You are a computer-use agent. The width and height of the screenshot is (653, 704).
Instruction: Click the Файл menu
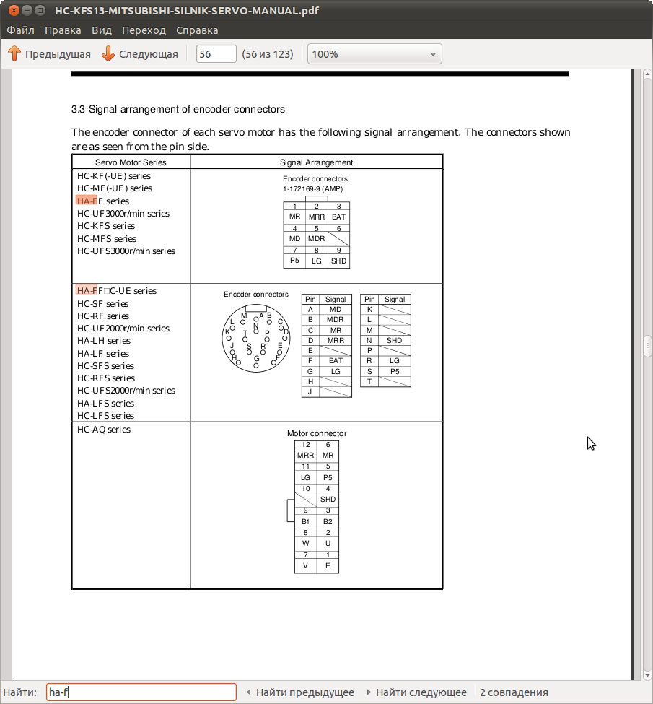(x=21, y=30)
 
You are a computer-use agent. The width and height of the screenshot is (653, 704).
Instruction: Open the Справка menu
(x=197, y=30)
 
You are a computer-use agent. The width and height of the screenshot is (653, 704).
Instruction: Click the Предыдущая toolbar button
(x=49, y=54)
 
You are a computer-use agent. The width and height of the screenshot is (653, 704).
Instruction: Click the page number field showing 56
(x=216, y=54)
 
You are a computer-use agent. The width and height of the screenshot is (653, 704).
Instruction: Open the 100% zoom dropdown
(x=374, y=54)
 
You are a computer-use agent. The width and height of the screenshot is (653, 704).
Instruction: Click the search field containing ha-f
(x=141, y=692)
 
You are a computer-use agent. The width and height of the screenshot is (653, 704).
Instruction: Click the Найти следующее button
(x=421, y=692)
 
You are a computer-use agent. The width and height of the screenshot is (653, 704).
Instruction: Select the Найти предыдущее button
(x=304, y=692)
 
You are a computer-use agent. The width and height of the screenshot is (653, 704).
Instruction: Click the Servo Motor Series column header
(x=131, y=162)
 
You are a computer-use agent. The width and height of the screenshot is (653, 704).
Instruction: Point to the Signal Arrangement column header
(x=316, y=162)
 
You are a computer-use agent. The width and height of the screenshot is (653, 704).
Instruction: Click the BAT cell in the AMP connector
(x=338, y=217)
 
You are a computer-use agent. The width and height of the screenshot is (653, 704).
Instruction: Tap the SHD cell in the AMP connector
(x=338, y=261)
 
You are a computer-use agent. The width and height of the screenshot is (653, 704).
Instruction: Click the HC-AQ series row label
(x=104, y=430)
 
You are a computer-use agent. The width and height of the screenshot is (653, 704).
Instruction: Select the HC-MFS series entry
(x=107, y=239)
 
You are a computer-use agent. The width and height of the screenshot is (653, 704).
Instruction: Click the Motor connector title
(x=317, y=433)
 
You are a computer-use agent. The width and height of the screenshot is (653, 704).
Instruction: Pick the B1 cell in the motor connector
(x=306, y=521)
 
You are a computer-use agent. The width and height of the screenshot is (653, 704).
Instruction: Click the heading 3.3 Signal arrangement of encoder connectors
(x=178, y=109)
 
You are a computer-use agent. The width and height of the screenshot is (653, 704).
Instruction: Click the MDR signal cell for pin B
(x=336, y=319)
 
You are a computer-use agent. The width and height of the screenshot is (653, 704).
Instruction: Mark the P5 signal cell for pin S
(x=395, y=371)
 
